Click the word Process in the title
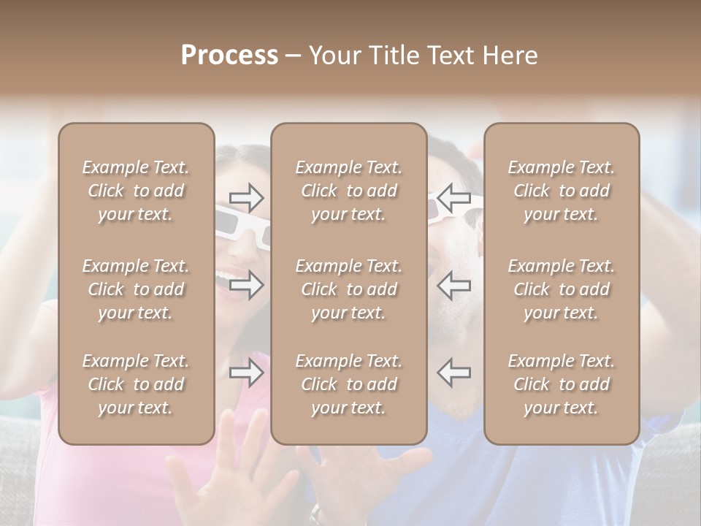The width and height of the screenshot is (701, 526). click(229, 56)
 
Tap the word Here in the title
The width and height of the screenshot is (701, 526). click(510, 56)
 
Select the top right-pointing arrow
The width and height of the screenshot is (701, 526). click(246, 197)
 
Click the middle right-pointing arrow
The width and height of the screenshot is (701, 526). click(246, 285)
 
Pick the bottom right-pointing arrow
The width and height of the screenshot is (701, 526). click(246, 373)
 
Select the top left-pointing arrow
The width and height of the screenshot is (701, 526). click(453, 197)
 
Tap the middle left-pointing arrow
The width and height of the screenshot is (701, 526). click(453, 285)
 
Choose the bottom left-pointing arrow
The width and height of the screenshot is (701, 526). click(453, 373)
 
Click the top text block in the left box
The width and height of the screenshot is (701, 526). click(136, 191)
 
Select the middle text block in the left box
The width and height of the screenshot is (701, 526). click(136, 289)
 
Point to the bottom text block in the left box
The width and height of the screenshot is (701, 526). click(136, 384)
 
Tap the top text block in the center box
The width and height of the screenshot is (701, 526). click(348, 191)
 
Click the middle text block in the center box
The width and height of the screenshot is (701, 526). click(348, 289)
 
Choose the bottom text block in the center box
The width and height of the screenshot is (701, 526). click(348, 384)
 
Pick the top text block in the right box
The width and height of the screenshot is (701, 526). click(561, 191)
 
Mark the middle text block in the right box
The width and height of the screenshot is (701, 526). click(561, 289)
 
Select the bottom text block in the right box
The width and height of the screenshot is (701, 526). click(561, 384)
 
